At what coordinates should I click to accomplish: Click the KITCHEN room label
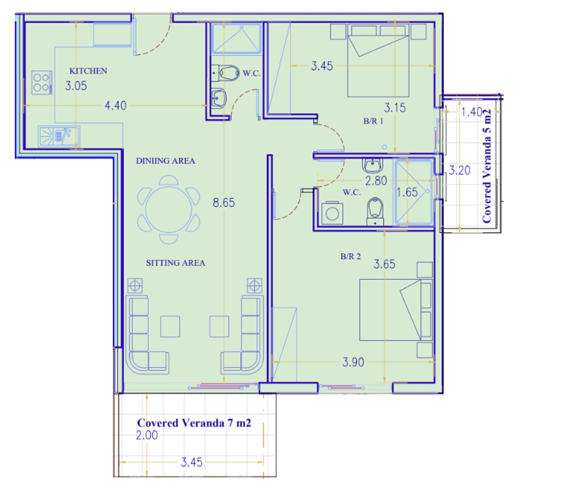pos(88,71)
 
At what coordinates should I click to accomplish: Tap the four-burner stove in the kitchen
pos(42,83)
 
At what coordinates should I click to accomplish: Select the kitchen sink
pos(59,136)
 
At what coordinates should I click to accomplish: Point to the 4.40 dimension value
pos(115,106)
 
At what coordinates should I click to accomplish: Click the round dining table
pos(169,210)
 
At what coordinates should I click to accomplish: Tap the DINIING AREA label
pos(165,160)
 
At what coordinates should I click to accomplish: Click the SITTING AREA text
pos(176,263)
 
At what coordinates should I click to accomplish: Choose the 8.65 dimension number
pos(224,203)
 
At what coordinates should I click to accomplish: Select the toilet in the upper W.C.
pos(226,73)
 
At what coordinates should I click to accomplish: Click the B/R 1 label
pos(373,121)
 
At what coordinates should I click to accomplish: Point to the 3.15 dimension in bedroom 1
pos(395,108)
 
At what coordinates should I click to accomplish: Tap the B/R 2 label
pos(350,256)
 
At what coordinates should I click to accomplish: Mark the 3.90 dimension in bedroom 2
pos(353,362)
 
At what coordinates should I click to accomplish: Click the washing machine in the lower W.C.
pos(332,213)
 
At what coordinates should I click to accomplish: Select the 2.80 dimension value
pos(376,181)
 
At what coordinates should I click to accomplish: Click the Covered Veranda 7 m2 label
pos(194,423)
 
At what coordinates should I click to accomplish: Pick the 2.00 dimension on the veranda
pos(147,435)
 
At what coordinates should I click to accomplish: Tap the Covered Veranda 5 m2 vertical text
pos(487,166)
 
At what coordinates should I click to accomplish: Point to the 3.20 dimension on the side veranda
pos(459,170)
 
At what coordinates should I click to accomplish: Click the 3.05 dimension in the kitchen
pos(76,86)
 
